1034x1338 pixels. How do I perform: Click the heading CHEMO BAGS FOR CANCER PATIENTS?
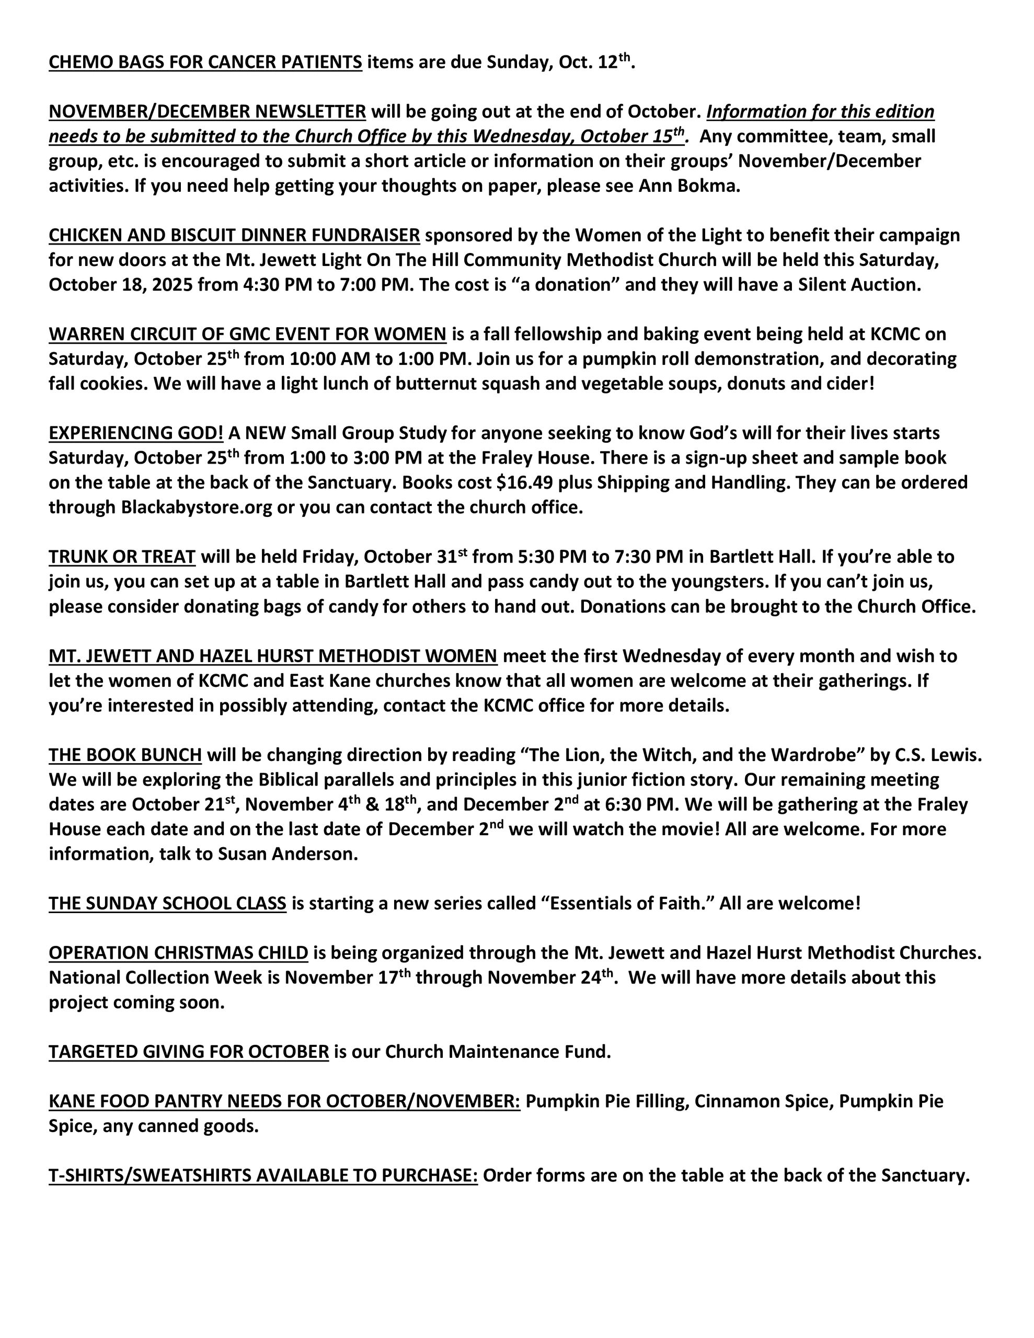205,63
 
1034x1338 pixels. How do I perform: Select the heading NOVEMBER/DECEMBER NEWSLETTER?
207,112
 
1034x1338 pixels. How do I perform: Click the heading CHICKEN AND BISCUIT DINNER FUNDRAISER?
234,236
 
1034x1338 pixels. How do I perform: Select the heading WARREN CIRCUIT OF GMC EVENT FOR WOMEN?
248,334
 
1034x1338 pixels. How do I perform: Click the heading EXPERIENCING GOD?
136,434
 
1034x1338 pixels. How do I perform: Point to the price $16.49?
524,483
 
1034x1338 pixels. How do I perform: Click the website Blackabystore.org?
196,508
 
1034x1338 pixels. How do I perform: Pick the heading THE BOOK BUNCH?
125,755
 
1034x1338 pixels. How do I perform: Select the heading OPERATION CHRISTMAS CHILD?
178,953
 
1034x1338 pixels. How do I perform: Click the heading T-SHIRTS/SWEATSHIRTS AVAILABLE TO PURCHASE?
263,1175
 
